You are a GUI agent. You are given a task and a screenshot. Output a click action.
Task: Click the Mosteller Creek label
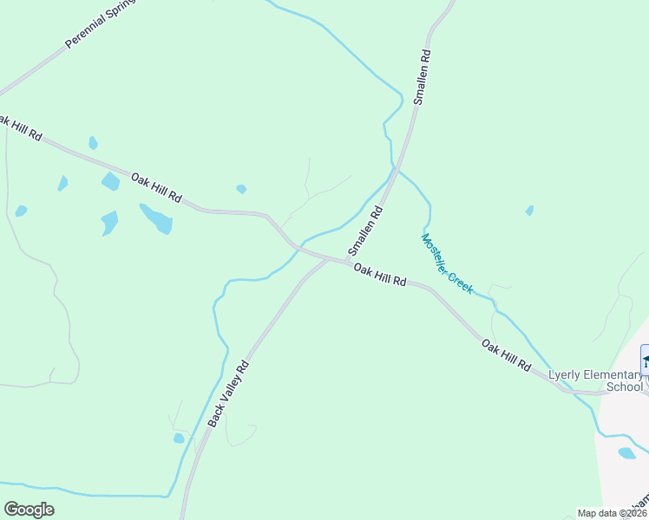pos(447,263)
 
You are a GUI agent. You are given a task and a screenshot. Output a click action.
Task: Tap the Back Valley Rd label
pos(228,393)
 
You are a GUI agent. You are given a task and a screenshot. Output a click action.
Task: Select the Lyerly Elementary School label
pos(596,380)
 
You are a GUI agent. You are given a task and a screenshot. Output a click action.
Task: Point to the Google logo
pos(29,510)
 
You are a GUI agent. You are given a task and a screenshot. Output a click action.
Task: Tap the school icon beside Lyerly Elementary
pos(645,357)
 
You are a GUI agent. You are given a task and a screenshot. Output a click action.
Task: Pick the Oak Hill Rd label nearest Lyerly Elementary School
pos(506,355)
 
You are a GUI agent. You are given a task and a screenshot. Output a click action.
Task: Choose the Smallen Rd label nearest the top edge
pos(422,77)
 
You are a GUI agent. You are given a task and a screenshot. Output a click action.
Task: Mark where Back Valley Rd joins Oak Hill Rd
pos(326,258)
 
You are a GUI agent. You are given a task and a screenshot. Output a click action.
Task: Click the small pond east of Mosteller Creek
pos(529,211)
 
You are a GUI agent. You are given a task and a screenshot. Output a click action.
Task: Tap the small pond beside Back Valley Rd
pos(179,438)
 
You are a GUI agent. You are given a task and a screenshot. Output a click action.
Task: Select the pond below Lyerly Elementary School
pos(626,452)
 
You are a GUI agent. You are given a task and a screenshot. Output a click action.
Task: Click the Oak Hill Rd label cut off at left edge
pos(21,127)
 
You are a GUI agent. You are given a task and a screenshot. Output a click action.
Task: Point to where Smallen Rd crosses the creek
pos(397,170)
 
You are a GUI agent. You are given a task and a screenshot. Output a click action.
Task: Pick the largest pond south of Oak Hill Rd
pos(157,218)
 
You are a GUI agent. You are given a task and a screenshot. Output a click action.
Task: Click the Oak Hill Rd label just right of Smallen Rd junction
pos(380,276)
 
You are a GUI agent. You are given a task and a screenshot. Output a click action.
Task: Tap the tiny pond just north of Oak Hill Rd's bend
pos(241,189)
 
